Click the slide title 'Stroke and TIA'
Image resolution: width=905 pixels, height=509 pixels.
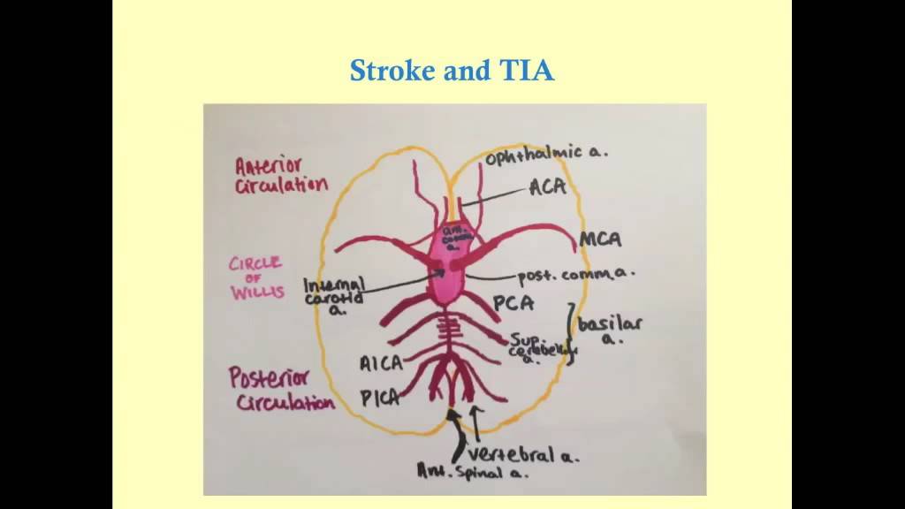452,70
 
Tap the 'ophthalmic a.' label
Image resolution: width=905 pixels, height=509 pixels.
545,154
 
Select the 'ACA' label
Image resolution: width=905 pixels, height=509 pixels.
547,187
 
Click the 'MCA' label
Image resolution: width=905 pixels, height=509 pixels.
600,239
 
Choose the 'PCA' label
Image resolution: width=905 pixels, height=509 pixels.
513,305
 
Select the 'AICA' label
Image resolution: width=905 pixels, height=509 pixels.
382,363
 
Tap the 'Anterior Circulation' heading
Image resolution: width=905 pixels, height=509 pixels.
280,175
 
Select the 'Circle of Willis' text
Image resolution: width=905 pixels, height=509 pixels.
256,277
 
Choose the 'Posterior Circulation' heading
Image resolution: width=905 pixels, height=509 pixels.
281,390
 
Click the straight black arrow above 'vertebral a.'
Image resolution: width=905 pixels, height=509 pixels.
478,423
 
